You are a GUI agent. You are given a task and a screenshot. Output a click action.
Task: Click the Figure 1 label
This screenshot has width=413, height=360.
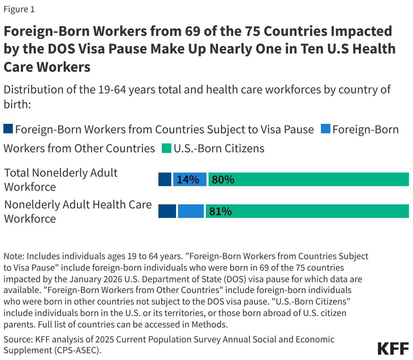point(19,9)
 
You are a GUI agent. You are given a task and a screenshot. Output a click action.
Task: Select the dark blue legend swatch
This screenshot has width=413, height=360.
point(8,129)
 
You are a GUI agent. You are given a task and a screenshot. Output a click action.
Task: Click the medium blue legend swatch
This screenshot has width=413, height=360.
point(325,129)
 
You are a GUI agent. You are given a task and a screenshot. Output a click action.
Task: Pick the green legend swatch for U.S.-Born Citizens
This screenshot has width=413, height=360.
point(166,148)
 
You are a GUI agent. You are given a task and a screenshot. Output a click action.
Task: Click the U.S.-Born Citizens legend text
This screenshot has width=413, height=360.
point(219,148)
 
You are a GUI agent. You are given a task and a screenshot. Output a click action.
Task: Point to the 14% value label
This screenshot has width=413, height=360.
point(188,179)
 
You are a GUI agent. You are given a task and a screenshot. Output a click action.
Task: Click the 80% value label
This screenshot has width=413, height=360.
point(223,179)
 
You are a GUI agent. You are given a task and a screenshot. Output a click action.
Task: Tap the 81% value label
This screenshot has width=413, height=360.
point(220,211)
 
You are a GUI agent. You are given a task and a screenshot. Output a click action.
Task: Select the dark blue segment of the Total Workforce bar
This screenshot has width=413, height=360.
point(165,179)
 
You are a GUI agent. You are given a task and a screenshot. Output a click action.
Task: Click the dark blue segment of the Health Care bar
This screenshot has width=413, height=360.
point(167,211)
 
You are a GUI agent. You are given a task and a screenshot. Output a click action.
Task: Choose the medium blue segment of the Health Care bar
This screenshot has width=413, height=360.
point(191,211)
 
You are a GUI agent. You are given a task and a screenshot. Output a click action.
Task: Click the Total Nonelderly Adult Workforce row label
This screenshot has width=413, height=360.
point(61,180)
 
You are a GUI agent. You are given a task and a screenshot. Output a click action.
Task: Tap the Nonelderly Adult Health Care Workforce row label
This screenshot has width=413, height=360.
point(78,211)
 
